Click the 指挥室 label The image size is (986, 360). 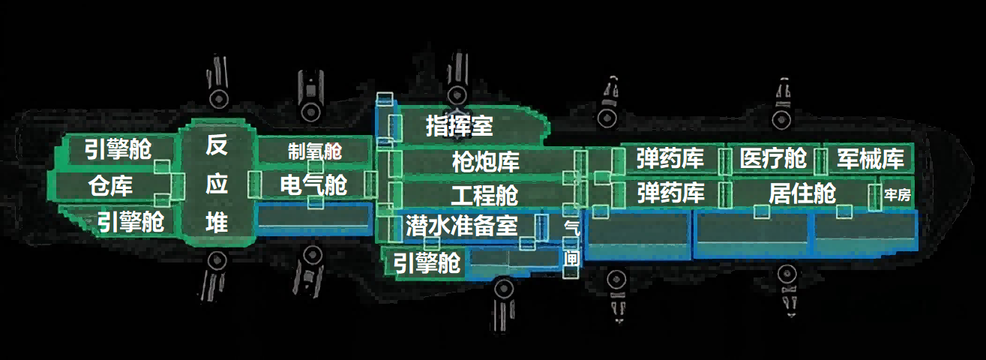pyautogui.click(x=459, y=125)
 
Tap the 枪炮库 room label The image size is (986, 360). pyautogui.click(x=485, y=161)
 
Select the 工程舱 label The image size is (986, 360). pyautogui.click(x=484, y=196)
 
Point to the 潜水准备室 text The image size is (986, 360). pyautogui.click(x=461, y=225)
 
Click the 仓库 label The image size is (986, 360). pyautogui.click(x=110, y=185)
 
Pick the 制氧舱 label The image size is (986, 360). pyautogui.click(x=314, y=151)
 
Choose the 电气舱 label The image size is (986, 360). pyautogui.click(x=313, y=184)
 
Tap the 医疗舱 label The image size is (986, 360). pyautogui.click(x=772, y=159)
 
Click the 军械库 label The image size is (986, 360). pyautogui.click(x=871, y=159)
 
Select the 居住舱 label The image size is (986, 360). pyautogui.click(x=802, y=193)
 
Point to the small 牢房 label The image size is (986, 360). pyautogui.click(x=898, y=196)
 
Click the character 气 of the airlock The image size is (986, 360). pyautogui.click(x=571, y=226)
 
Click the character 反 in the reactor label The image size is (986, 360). pyautogui.click(x=216, y=145)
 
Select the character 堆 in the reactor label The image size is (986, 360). pyautogui.click(x=216, y=223)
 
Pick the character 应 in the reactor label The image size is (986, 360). pyautogui.click(x=216, y=184)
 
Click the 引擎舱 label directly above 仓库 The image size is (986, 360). pyautogui.click(x=117, y=150)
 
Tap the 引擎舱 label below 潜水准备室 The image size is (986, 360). pyautogui.click(x=428, y=262)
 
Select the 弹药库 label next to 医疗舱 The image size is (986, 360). pyautogui.click(x=670, y=159)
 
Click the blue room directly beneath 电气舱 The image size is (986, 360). pyautogui.click(x=314, y=218)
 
